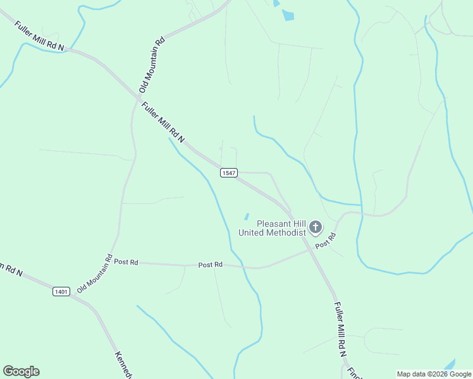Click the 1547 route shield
(228, 173)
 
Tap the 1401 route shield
(61, 292)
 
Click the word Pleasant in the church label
(273, 224)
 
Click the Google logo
(21, 371)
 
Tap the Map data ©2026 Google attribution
(434, 374)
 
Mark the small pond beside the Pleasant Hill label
(246, 217)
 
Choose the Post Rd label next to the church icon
(324, 240)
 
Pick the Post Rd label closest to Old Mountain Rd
(126, 262)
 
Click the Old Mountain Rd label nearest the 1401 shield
(94, 273)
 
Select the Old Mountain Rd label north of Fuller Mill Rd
(152, 64)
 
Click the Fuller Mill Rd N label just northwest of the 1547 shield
(163, 123)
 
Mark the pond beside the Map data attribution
(450, 365)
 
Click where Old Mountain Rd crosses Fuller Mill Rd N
(137, 98)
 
